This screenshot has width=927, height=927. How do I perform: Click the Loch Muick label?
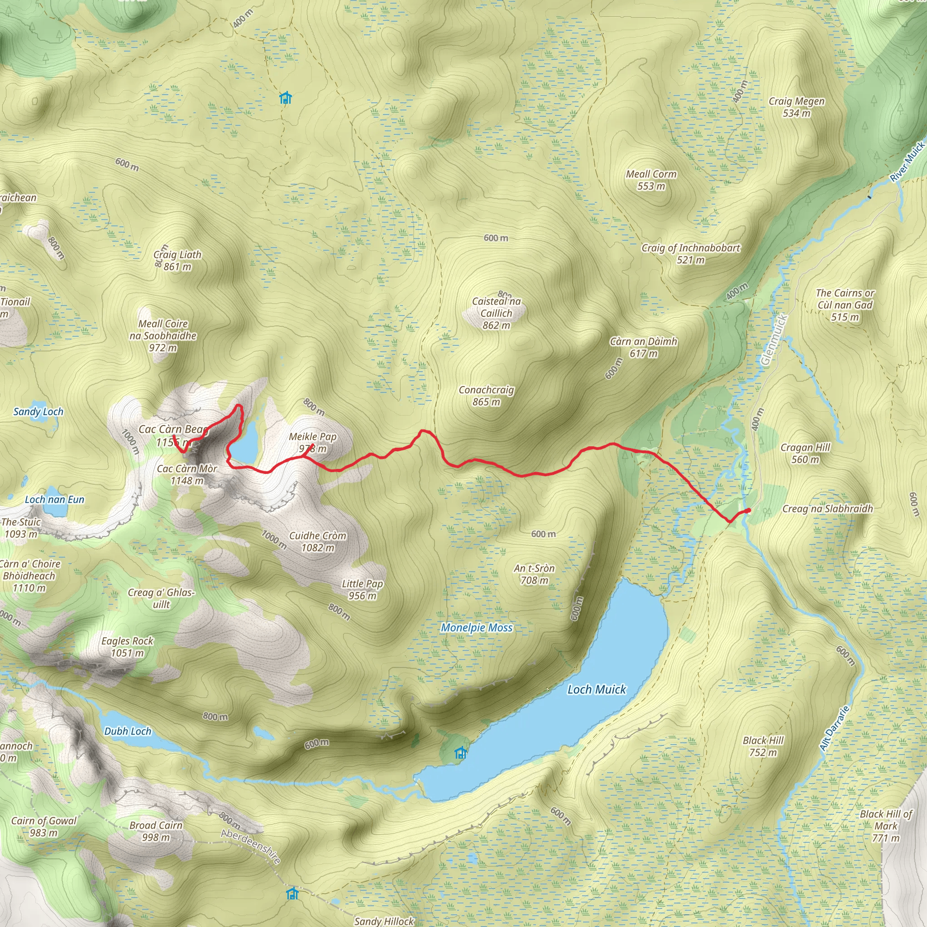597,689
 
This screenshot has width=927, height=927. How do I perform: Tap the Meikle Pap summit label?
313,442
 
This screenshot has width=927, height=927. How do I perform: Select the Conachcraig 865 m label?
486,396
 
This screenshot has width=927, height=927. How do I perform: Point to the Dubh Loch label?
128,731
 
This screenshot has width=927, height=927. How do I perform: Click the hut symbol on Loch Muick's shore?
461,753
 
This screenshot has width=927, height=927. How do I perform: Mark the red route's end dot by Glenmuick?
749,510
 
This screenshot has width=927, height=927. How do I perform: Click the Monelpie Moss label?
477,628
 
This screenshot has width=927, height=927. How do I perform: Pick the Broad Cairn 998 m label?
156,831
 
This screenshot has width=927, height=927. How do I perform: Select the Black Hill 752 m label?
763,746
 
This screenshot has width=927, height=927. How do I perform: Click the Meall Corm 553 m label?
651,180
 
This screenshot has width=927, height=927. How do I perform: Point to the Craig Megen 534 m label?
797,107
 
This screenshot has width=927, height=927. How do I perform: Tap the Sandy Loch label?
38,412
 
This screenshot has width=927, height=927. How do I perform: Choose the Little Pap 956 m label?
362,590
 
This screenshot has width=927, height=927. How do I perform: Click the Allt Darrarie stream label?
834,728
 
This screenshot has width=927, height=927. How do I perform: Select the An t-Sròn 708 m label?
534,574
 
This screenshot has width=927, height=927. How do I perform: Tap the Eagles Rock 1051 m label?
127,647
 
